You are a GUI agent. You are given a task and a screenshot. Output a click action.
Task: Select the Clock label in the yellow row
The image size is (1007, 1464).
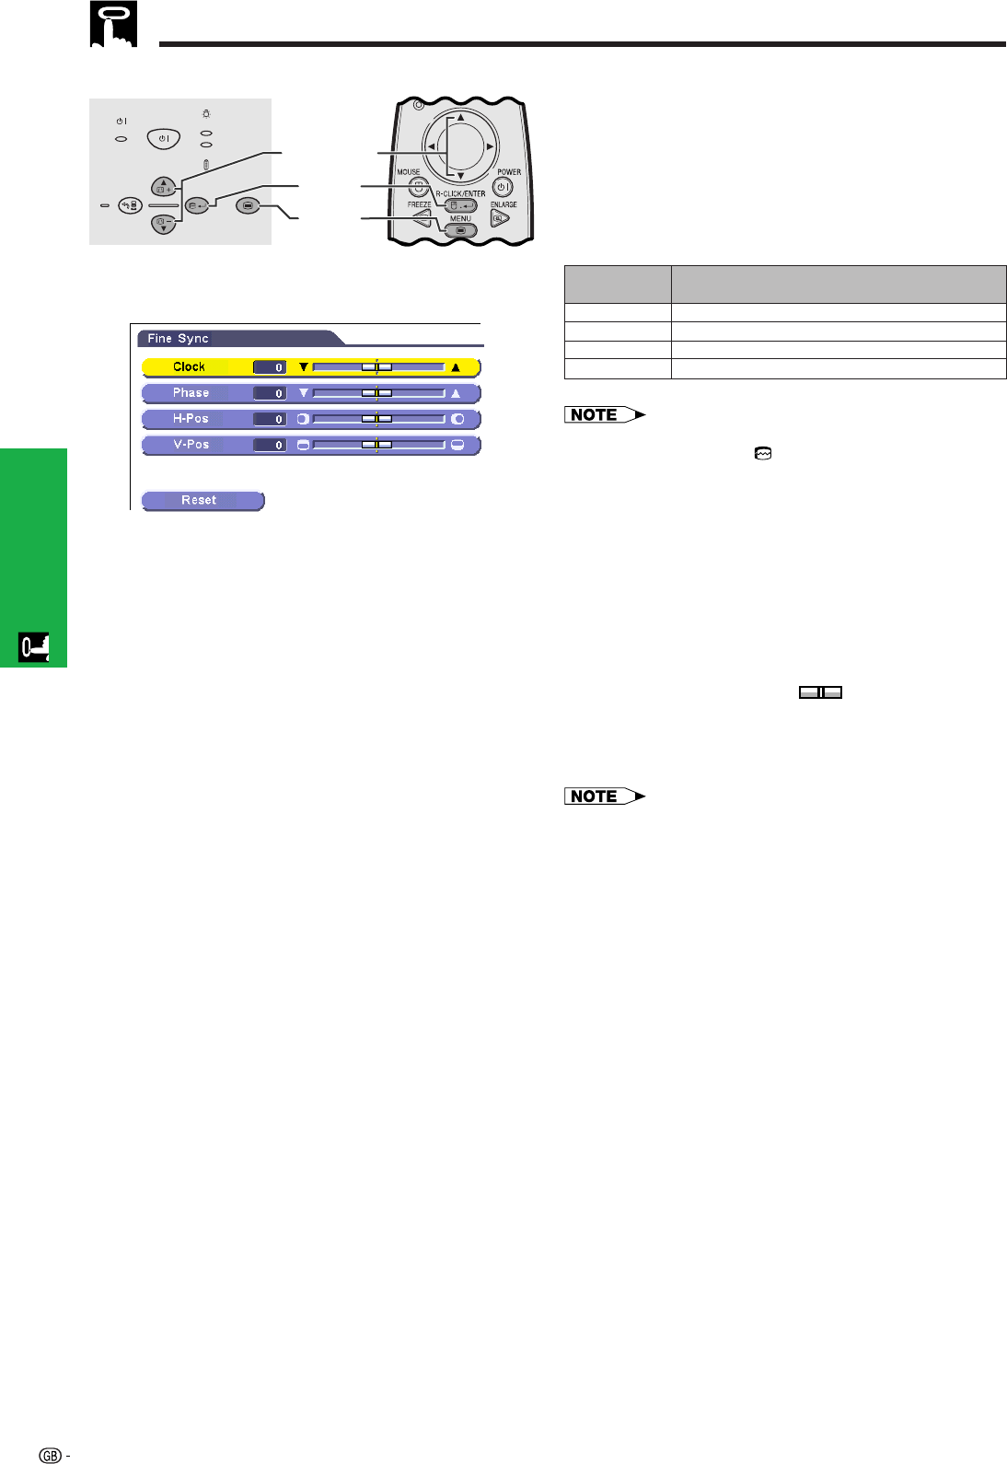click(189, 366)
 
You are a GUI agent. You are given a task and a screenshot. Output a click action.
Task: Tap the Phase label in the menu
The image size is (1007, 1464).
click(191, 393)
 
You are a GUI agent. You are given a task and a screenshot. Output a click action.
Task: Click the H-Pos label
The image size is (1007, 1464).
click(191, 419)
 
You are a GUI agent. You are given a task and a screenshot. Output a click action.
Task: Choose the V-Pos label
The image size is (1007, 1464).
click(191, 445)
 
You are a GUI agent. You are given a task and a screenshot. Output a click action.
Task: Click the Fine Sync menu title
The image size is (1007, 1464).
click(179, 339)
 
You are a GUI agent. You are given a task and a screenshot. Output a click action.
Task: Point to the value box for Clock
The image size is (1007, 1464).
click(270, 367)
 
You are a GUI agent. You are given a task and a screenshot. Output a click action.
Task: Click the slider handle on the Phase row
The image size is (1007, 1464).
click(376, 393)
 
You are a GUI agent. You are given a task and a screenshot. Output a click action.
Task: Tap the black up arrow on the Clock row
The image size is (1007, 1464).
click(455, 367)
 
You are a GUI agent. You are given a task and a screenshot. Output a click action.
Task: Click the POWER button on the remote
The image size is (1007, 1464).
click(503, 187)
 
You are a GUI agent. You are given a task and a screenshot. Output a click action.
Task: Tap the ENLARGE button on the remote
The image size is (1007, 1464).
click(499, 218)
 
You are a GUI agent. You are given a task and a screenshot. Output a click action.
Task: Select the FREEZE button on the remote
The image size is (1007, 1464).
click(422, 218)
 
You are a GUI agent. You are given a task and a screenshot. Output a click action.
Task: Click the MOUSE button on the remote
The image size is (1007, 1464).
click(418, 186)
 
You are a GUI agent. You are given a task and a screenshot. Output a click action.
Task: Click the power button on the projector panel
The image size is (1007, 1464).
click(164, 139)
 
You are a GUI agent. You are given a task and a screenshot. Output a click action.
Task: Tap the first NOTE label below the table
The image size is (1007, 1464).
click(605, 415)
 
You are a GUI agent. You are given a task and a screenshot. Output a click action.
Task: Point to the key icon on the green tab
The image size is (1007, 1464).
click(34, 648)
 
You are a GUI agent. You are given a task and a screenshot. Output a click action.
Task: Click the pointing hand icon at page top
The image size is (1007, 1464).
click(113, 25)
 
